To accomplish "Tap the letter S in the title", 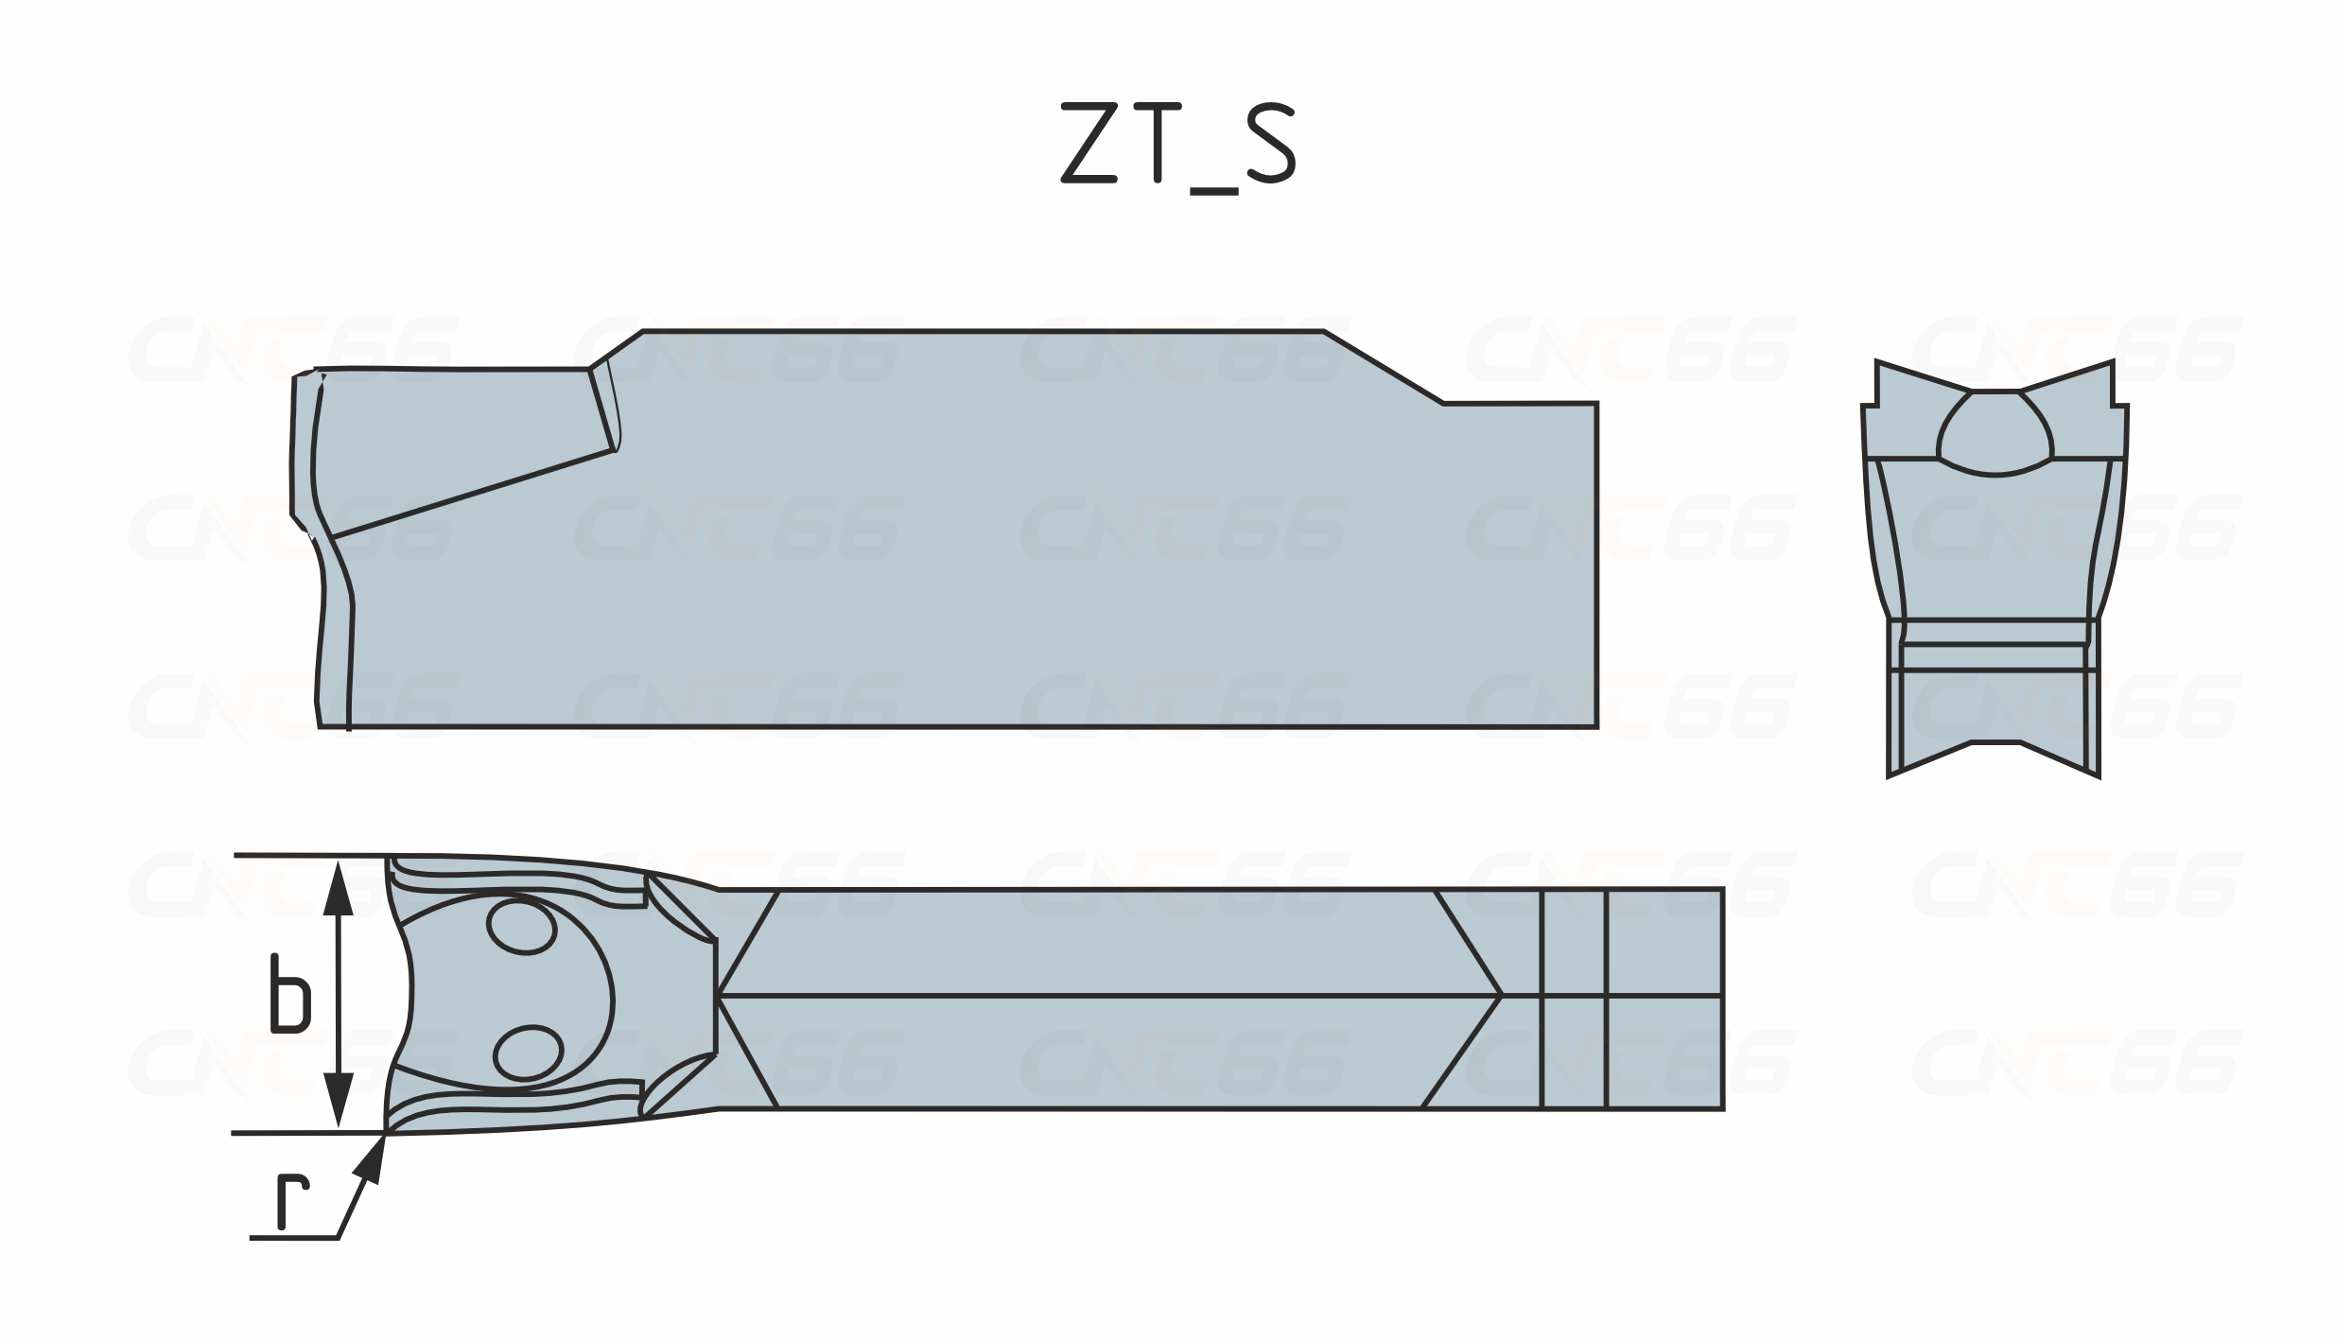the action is (x=1270, y=142).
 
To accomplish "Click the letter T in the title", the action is (x=1157, y=142).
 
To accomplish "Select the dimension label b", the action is (x=289, y=994).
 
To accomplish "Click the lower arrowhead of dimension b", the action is (x=339, y=1101).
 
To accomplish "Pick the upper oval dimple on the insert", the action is (x=521, y=928).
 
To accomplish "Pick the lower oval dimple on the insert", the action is (x=528, y=1053).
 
